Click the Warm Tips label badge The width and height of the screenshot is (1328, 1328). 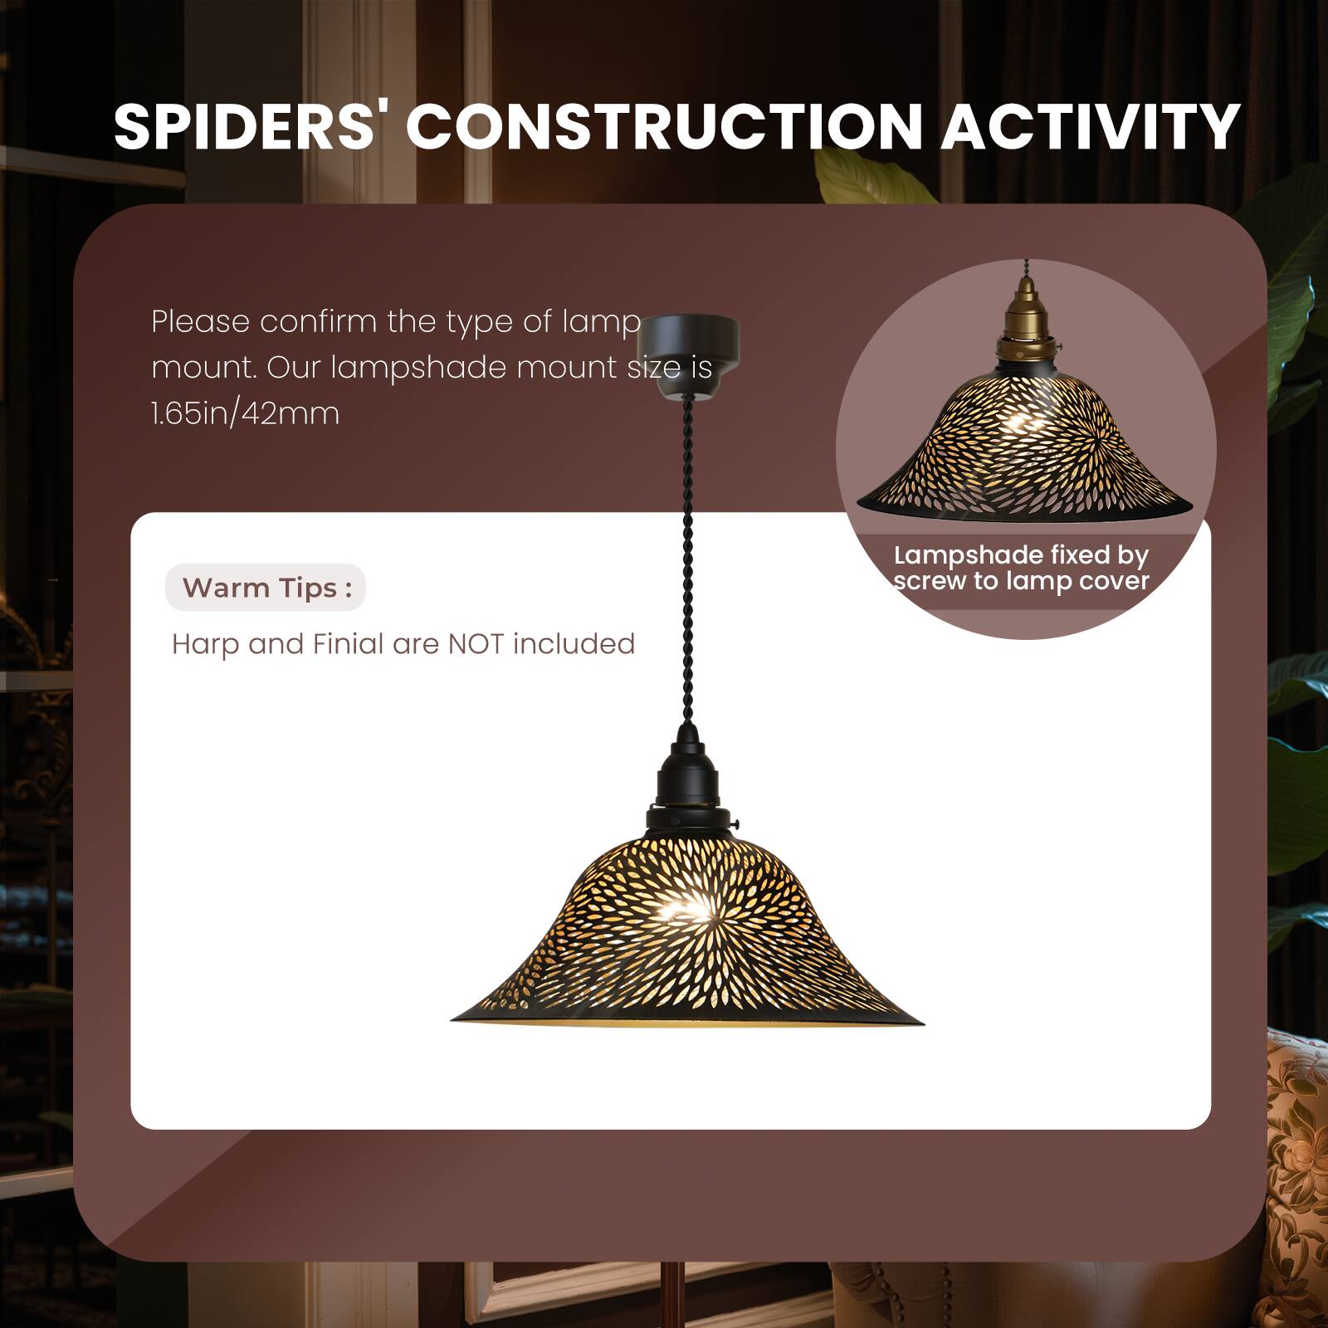click(x=266, y=588)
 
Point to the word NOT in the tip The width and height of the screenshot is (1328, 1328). click(x=476, y=644)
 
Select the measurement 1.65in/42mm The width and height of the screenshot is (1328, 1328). click(x=246, y=413)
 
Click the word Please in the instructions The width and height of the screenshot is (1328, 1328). click(x=200, y=321)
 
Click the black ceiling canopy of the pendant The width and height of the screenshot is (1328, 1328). click(x=689, y=344)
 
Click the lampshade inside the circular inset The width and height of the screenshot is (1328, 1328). click(x=1023, y=448)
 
